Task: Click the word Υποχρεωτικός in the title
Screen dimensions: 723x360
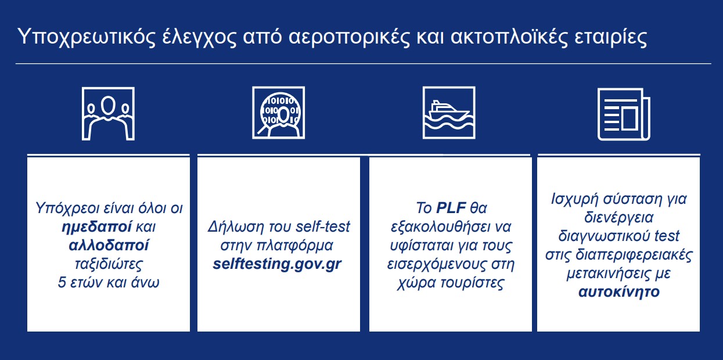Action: coord(87,37)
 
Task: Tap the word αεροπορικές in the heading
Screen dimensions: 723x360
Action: coord(348,37)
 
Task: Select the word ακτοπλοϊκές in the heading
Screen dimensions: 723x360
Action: coord(509,37)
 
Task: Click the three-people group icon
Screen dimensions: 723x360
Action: coord(108,114)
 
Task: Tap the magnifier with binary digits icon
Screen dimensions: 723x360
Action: coord(278,113)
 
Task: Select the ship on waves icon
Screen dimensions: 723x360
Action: coord(449,113)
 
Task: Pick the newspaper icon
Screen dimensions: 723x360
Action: coord(624,114)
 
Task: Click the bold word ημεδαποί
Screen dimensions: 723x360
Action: coord(96,227)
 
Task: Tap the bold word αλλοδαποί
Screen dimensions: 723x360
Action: coord(109,246)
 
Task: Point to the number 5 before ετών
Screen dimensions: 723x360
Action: coord(62,283)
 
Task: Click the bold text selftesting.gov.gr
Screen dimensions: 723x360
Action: coord(277,264)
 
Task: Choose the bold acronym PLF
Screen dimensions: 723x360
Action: coord(451,208)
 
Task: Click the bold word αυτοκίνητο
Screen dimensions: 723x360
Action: coord(618,292)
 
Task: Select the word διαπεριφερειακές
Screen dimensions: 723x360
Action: coord(634,255)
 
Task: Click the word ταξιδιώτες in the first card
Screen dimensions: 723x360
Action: coord(109,264)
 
